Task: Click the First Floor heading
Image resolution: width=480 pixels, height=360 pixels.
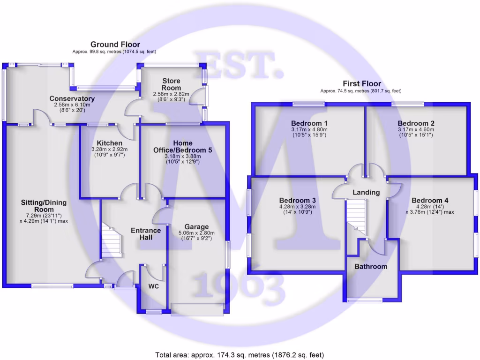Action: pyautogui.click(x=361, y=84)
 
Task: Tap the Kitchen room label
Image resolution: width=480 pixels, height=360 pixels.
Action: pyautogui.click(x=110, y=143)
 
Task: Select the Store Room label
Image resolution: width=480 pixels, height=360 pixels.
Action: pyautogui.click(x=171, y=84)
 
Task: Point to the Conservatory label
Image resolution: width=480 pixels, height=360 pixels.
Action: pyautogui.click(x=72, y=99)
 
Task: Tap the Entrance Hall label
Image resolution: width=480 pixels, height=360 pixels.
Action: pyautogui.click(x=146, y=234)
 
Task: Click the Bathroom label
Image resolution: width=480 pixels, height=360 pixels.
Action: pyautogui.click(x=371, y=267)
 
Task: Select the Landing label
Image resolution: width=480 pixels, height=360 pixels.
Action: pyautogui.click(x=366, y=192)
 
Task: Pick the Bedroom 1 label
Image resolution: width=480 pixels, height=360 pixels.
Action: pyautogui.click(x=309, y=123)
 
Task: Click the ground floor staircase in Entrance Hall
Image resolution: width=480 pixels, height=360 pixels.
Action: pyautogui.click(x=112, y=240)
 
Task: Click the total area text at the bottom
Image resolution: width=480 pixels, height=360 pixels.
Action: pyautogui.click(x=240, y=355)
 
